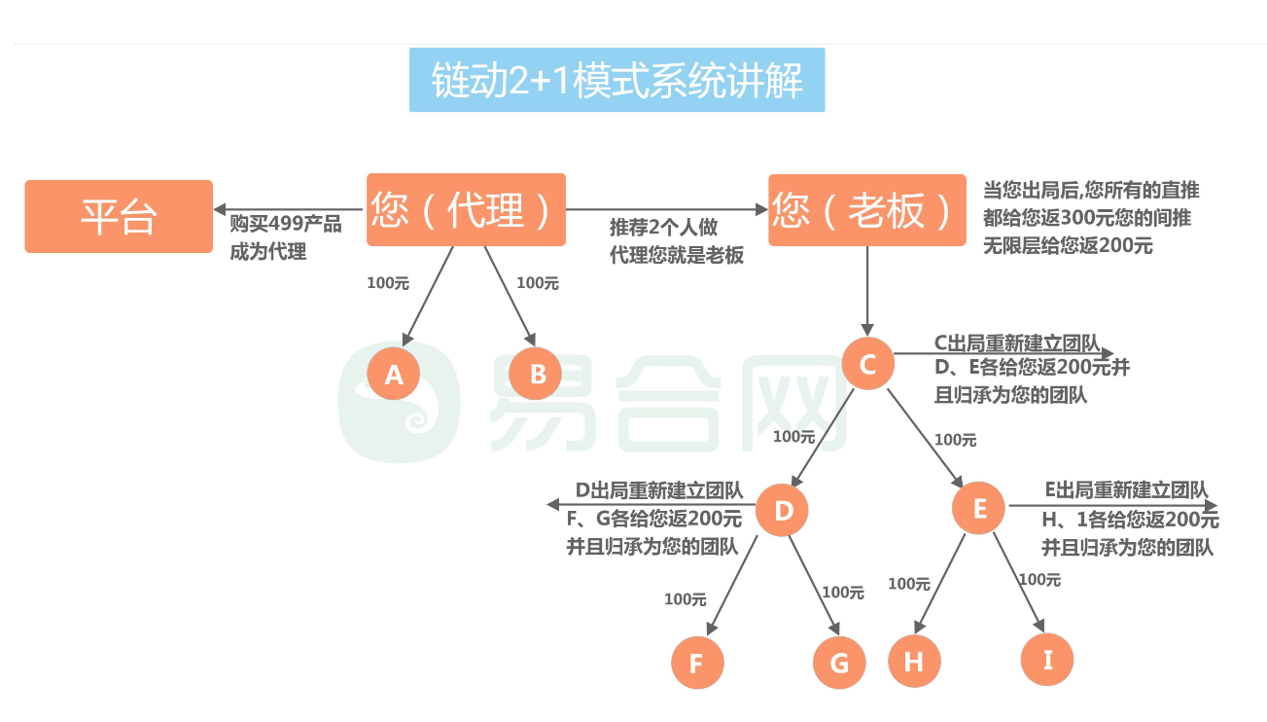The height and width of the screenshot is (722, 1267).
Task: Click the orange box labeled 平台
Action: (x=119, y=216)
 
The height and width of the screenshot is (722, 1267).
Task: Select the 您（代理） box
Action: (x=466, y=209)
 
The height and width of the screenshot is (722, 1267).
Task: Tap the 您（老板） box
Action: (x=867, y=210)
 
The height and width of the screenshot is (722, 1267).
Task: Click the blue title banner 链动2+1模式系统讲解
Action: (x=617, y=80)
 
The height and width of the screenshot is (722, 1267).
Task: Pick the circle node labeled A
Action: (x=393, y=374)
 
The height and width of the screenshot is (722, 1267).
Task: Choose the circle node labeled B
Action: (x=535, y=374)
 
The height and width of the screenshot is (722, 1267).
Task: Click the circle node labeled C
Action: (x=867, y=363)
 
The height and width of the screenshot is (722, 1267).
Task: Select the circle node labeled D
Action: (x=782, y=510)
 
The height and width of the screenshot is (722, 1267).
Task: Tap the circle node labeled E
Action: (x=978, y=508)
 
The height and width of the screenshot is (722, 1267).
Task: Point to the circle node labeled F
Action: (x=697, y=663)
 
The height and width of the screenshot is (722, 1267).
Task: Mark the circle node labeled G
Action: (x=839, y=663)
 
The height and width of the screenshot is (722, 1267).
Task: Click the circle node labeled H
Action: (x=915, y=661)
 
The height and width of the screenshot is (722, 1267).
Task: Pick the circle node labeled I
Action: (x=1047, y=660)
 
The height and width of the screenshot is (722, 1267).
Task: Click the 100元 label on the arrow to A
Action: (x=388, y=283)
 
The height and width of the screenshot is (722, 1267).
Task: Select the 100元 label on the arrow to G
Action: (x=843, y=593)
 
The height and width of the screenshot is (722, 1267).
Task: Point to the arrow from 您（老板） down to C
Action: (x=867, y=291)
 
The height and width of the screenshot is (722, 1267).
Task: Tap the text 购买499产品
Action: (x=286, y=224)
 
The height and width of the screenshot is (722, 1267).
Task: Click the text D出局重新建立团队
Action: (x=659, y=490)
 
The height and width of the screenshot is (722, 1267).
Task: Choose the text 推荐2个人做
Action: (x=663, y=228)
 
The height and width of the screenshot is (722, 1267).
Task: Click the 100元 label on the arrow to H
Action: (x=909, y=584)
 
